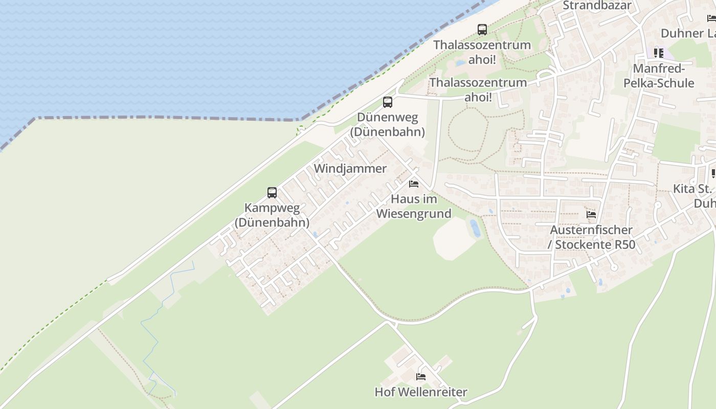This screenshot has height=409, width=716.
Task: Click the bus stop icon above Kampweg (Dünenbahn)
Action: (x=272, y=193)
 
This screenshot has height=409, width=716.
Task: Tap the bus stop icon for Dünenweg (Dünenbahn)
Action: (x=388, y=102)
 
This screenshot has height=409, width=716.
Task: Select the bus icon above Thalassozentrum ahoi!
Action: (x=482, y=30)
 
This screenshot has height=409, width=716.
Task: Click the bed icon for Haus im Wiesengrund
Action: (x=414, y=184)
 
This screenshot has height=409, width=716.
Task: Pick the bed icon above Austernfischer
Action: (x=591, y=214)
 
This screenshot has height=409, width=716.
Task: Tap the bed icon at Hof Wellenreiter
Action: (x=421, y=377)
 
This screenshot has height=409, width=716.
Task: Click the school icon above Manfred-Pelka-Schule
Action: (x=659, y=53)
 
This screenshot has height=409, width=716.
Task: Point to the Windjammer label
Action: (x=350, y=168)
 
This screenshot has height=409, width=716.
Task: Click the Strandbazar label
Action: (x=597, y=6)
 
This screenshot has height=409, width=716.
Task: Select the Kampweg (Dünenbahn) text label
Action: (x=272, y=215)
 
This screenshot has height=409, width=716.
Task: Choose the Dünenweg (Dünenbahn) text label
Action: (x=388, y=124)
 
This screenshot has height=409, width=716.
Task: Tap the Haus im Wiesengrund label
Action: (x=414, y=206)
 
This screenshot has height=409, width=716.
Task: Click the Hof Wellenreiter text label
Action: (x=421, y=392)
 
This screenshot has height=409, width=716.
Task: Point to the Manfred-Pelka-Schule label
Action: (x=659, y=76)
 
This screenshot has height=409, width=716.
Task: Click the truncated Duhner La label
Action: (x=688, y=33)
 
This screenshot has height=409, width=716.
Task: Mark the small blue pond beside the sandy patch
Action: (x=476, y=228)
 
